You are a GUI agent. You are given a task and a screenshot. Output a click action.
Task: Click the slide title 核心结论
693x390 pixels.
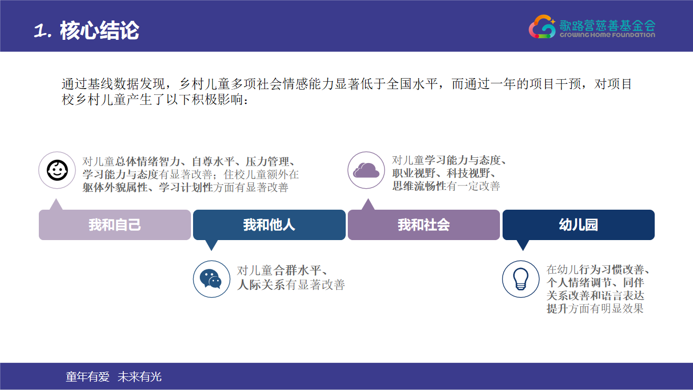point(99,30)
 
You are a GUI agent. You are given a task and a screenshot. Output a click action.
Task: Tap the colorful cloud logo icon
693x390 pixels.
point(542,27)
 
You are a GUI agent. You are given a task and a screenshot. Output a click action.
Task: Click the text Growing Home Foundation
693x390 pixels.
point(607,35)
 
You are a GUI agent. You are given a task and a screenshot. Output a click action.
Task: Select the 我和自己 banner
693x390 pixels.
point(115,225)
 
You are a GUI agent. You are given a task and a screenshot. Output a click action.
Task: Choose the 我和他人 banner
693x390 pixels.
point(269,225)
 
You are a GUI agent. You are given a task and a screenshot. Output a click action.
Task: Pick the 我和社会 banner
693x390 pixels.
point(424,225)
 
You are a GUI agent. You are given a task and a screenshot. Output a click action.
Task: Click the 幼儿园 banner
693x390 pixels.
point(579,225)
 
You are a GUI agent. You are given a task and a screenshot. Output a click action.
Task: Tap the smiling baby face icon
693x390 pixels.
point(57,170)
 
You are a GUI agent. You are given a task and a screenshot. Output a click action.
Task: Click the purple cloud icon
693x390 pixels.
point(366,170)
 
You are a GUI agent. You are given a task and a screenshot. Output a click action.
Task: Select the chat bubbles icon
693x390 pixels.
point(211,279)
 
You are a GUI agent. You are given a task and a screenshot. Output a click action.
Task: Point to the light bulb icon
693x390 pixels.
point(521,279)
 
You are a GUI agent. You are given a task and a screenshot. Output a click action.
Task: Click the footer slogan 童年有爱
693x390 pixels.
point(88,377)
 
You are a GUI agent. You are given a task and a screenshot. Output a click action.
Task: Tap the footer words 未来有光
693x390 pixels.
point(140,377)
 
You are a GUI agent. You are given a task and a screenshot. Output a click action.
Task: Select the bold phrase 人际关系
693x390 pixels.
point(261,285)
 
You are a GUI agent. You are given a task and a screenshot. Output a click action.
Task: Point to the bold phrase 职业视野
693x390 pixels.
point(414,173)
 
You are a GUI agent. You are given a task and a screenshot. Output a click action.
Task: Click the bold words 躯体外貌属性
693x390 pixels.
point(115,187)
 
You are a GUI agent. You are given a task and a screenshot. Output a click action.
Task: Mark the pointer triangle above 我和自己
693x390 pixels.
point(56,204)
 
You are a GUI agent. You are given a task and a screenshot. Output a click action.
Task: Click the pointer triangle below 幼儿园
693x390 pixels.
point(523,245)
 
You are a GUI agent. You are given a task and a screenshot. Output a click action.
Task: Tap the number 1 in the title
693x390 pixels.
point(40,31)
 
